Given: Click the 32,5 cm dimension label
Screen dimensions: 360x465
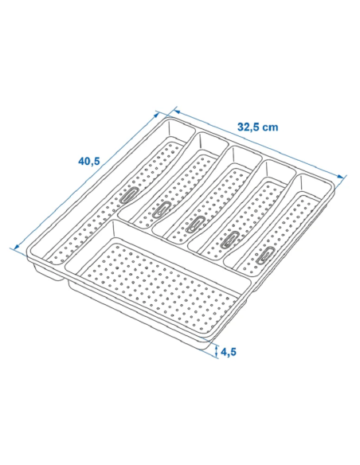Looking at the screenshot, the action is (258, 127).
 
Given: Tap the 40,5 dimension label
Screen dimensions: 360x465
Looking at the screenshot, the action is (89, 161).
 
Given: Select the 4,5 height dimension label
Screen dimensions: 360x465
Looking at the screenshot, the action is (229, 352).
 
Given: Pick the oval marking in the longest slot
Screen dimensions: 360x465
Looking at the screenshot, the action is (128, 195).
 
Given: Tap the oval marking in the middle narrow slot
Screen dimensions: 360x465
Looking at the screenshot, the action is (195, 224).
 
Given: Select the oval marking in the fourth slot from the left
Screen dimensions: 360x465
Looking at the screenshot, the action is (230, 239).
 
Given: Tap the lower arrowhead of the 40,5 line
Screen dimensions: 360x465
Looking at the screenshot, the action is (17, 246).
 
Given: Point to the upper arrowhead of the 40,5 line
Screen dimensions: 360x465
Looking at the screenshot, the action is (157, 115).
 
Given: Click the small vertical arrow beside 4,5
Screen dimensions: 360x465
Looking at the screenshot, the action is (217, 352).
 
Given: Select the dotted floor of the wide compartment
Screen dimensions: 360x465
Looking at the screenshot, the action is (158, 285).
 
